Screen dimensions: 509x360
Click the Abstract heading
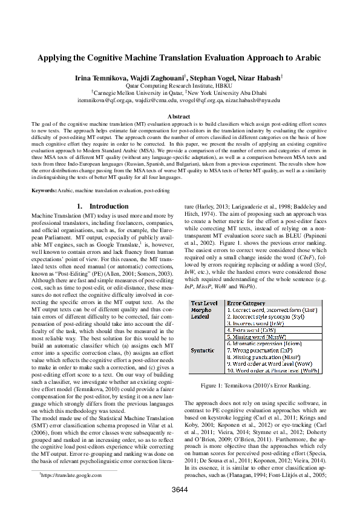click(180, 115)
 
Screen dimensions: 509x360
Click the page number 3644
click(180, 488)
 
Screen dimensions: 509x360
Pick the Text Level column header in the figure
click(204, 303)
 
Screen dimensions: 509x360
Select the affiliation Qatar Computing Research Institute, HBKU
click(180, 86)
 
